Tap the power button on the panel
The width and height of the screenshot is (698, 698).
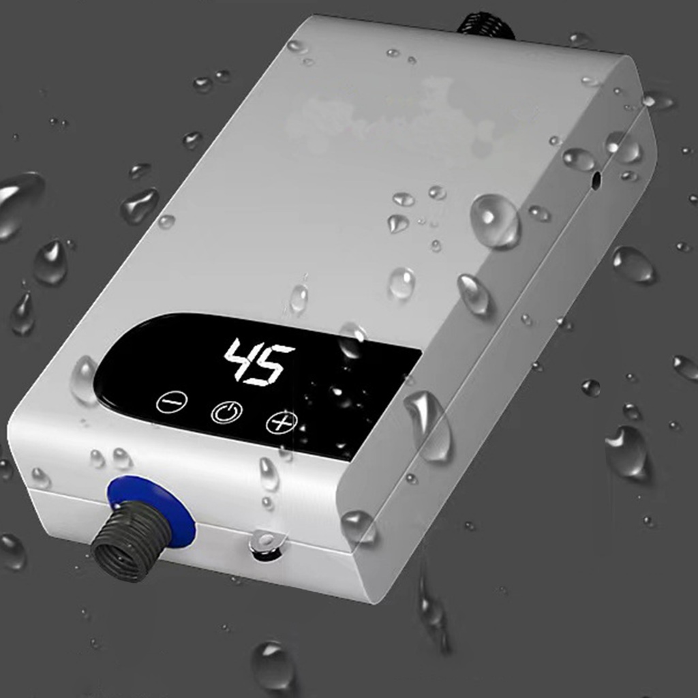(226, 412)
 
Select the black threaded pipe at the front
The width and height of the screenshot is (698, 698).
(129, 541)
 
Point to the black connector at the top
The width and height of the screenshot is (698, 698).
(485, 26)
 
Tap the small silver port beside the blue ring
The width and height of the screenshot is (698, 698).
(266, 545)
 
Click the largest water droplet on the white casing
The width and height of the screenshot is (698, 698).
(495, 221)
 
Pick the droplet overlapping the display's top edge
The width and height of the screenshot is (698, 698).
(352, 341)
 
